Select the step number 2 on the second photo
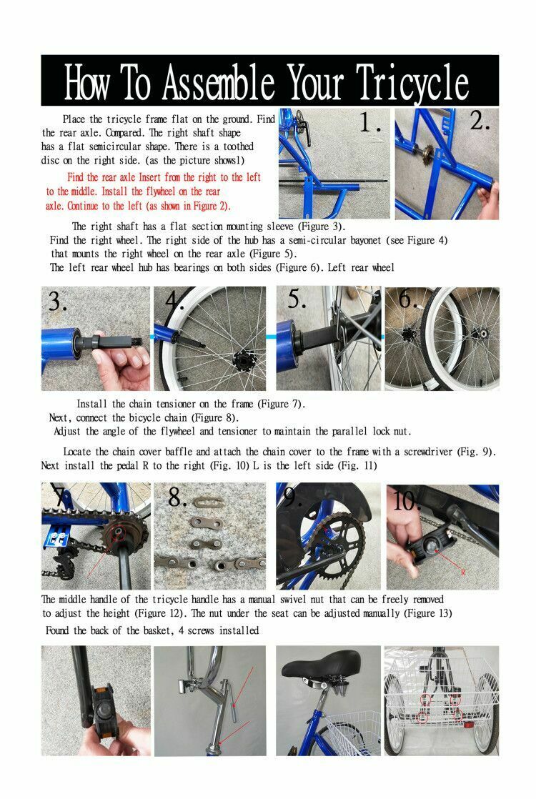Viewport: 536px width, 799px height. [480, 121]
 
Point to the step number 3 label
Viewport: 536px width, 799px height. [57, 302]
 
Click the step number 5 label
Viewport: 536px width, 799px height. [298, 299]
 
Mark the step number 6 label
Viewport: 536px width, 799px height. [408, 299]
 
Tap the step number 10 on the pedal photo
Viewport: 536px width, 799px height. [408, 500]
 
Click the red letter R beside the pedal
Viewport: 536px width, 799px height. [463, 572]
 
